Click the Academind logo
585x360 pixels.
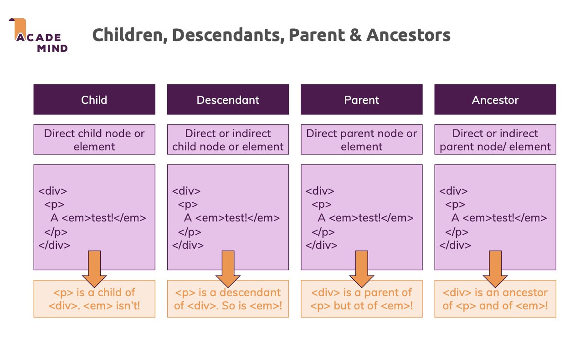point(38,35)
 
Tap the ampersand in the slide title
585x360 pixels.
point(355,35)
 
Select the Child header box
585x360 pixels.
point(94,99)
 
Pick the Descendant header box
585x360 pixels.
point(228,99)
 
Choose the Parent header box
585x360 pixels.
point(361,99)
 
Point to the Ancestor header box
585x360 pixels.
point(495,99)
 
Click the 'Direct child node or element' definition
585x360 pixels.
point(94,139)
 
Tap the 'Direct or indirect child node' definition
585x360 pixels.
point(228,139)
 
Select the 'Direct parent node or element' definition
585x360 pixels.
point(361,139)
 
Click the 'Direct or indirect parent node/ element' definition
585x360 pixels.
point(495,139)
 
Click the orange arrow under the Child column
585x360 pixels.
point(94,269)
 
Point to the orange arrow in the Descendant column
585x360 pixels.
point(228,269)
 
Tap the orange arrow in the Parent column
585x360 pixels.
point(361,269)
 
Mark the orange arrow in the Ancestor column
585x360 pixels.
point(495,269)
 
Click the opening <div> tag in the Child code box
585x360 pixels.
point(53,191)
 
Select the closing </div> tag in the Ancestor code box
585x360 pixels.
point(455,245)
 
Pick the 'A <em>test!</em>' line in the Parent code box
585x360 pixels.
point(365,218)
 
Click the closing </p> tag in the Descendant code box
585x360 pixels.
point(190,232)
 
